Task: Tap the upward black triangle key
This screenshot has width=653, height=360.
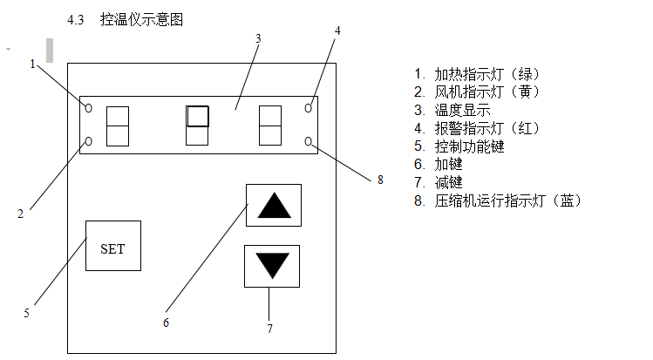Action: point(273,207)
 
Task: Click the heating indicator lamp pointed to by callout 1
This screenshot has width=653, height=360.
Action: point(88,107)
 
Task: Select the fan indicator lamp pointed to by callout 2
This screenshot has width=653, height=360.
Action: point(88,141)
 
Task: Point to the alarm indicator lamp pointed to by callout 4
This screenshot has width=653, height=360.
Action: point(309,107)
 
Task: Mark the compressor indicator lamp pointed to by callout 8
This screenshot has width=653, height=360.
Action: point(309,141)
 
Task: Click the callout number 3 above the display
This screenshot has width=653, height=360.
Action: point(259,38)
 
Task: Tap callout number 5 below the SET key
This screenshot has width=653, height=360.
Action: point(26,312)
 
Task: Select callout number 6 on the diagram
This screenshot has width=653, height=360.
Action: point(167,322)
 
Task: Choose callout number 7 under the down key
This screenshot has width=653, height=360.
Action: point(269,329)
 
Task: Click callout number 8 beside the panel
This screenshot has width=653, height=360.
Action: point(380,180)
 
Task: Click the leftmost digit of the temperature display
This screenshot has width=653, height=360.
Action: point(117,126)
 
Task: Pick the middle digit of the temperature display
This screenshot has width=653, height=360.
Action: point(198,126)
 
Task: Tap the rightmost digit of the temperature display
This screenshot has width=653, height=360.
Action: point(269,126)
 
